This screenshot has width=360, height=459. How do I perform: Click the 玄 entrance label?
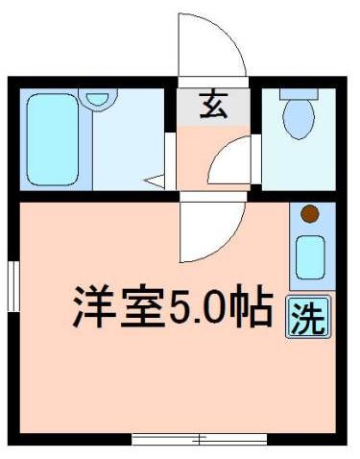(212, 106)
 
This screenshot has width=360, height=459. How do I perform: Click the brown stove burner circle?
(309, 214)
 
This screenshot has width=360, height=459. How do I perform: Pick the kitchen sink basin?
(309, 254)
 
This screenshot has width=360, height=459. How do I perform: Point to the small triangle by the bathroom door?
(154, 179)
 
